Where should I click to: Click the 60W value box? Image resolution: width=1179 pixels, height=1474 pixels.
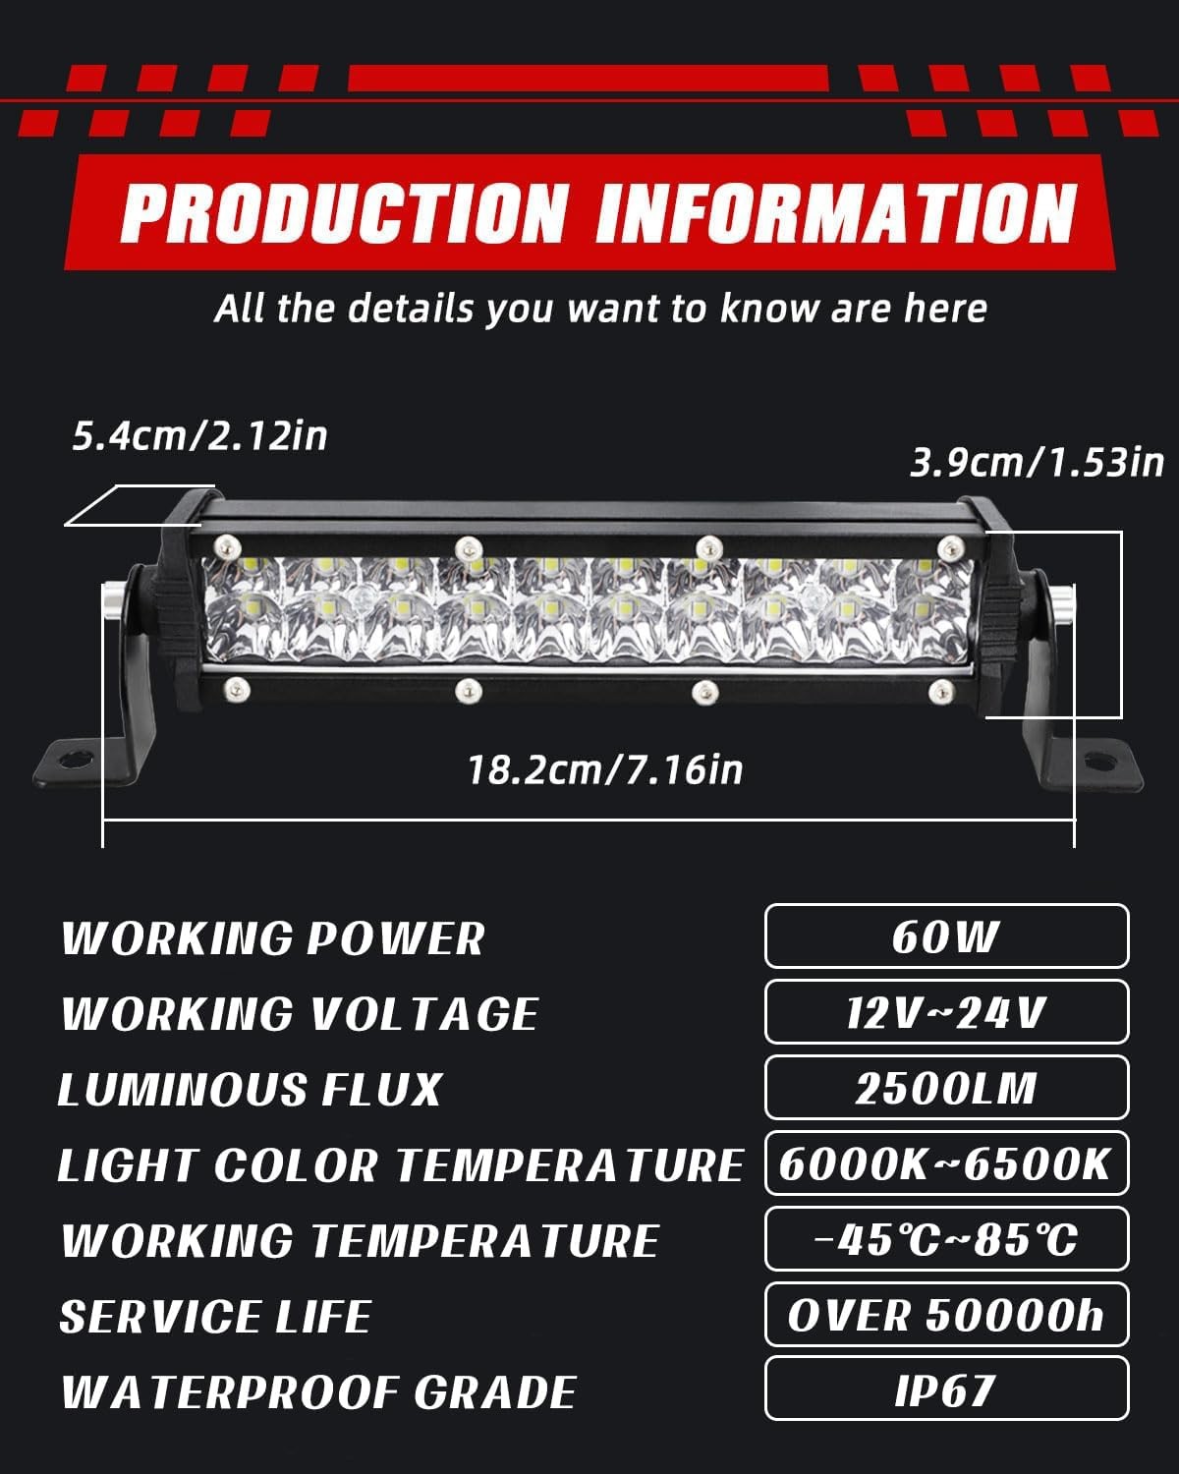(946, 936)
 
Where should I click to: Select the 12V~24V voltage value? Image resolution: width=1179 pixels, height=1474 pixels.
(946, 1012)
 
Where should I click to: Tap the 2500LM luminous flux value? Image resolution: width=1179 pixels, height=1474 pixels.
(946, 1088)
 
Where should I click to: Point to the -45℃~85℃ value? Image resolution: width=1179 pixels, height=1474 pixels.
(946, 1239)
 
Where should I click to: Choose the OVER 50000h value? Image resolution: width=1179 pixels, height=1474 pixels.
(946, 1315)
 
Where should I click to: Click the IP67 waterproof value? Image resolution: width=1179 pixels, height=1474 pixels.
(946, 1389)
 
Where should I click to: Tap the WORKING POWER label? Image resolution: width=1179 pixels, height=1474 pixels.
(273, 938)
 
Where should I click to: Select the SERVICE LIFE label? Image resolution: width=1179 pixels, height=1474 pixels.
(215, 1317)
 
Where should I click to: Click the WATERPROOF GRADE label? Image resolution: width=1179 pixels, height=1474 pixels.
(318, 1392)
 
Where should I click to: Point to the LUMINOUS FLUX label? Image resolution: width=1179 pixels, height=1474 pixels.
(251, 1090)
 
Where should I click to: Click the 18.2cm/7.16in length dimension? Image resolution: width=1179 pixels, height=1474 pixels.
(605, 769)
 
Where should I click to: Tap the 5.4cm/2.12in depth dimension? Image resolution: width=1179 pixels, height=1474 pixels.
(199, 435)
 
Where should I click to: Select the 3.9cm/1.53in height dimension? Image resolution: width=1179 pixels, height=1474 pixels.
(1037, 461)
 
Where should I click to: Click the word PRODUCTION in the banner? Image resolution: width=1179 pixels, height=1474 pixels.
(344, 212)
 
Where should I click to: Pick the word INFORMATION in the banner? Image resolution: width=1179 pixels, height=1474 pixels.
(836, 212)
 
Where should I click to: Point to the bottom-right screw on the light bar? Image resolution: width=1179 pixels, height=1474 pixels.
(940, 689)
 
